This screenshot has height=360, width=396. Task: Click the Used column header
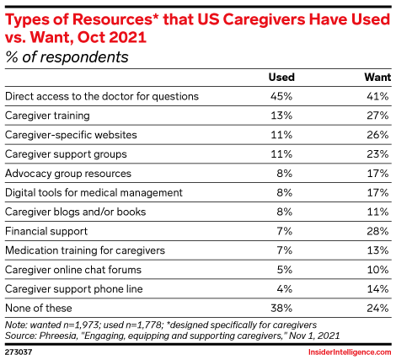coord(281,77)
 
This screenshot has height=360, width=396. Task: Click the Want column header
coord(375,77)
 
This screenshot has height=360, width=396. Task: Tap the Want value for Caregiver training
coord(377,116)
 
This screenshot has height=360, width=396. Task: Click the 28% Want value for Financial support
coord(377,231)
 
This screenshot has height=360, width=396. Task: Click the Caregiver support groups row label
coord(67,154)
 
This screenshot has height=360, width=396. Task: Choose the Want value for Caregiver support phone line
coord(377,289)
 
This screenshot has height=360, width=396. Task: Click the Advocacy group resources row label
coord(68,174)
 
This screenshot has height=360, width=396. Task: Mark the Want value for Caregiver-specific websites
coord(377,135)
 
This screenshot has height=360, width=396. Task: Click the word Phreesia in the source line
coord(58,333)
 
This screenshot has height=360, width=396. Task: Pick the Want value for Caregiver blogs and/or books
coord(377,212)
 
